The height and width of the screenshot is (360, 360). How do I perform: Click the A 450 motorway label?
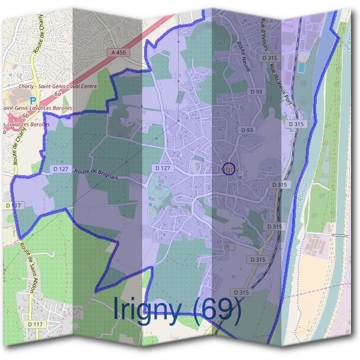tap(119, 53)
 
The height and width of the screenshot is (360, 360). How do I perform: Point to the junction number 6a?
tap(57, 94)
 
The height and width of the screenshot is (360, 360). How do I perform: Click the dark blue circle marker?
tap(228, 168)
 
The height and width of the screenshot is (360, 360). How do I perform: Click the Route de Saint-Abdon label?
tap(28, 265)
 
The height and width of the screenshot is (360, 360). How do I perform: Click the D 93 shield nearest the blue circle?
tap(247, 130)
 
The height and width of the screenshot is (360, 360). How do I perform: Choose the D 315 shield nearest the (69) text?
tap(242, 292)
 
